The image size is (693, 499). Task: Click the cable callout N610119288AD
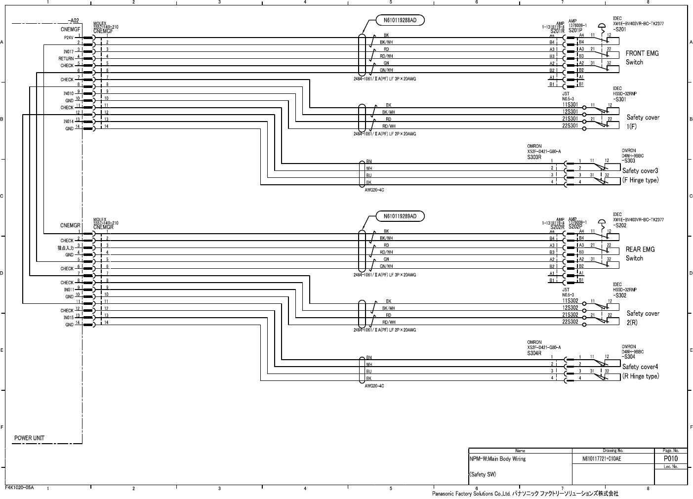pyautogui.click(x=400, y=20)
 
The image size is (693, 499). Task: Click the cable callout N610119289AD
pyautogui.click(x=400, y=216)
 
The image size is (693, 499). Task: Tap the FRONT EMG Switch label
pyautogui.click(x=642, y=57)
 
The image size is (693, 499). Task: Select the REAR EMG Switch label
pyautogui.click(x=640, y=253)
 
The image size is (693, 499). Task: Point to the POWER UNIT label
pyautogui.click(x=29, y=438)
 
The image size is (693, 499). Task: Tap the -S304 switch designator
pyautogui.click(x=628, y=357)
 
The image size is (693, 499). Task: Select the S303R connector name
pyautogui.click(x=534, y=157)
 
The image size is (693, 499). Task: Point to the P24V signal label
pyautogui.click(x=69, y=38)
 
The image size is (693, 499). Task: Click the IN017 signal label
pyautogui.click(x=68, y=51)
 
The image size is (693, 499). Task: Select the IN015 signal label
pyautogui.click(x=68, y=318)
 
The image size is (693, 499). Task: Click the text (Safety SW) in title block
pyautogui.click(x=483, y=475)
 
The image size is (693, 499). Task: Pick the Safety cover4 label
pyautogui.click(x=640, y=367)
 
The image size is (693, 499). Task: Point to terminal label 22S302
pyautogui.click(x=570, y=322)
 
